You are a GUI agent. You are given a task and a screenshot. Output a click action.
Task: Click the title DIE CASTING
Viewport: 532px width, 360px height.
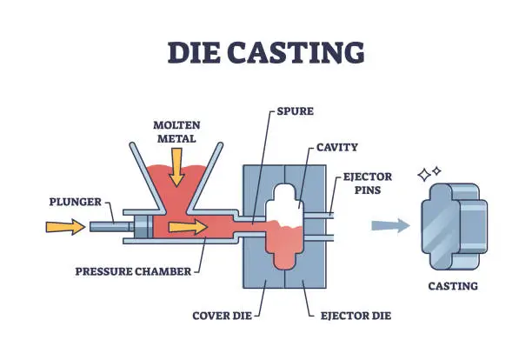coord(266,51)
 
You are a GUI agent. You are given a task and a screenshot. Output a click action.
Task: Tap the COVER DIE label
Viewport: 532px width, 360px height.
coord(221,314)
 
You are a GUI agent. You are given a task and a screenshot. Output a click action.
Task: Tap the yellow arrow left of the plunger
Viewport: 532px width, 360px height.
coord(61,228)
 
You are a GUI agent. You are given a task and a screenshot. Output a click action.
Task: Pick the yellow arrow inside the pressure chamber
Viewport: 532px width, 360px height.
coord(189,228)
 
